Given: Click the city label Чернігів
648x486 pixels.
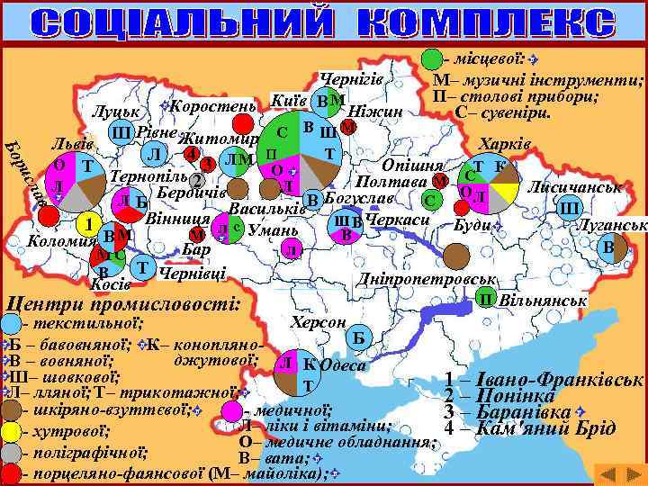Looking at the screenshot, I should tap(352, 79).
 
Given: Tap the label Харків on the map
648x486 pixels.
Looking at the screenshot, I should tap(507, 144).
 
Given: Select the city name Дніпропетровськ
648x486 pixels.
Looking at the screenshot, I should tap(427, 281).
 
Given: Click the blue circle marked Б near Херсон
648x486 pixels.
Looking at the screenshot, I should tap(357, 337).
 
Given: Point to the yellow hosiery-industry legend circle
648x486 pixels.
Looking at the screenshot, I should tap(12, 431).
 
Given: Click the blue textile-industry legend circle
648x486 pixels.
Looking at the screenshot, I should tap(12, 322).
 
